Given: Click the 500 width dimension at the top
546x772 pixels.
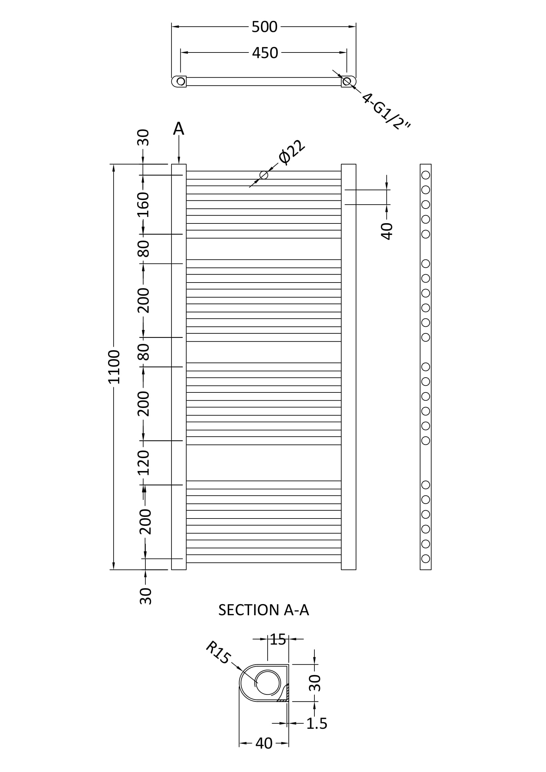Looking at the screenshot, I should pyautogui.click(x=265, y=27).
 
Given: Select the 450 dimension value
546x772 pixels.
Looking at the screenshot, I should pyautogui.click(x=265, y=53).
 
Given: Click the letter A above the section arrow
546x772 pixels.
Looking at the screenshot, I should pyautogui.click(x=179, y=129).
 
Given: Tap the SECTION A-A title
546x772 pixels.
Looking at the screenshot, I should pyautogui.click(x=263, y=610).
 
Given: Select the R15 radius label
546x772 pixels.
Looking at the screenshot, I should pyautogui.click(x=218, y=652).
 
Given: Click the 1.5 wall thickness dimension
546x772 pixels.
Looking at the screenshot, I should pyautogui.click(x=316, y=723).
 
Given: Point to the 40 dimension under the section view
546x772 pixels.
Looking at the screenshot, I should pyautogui.click(x=264, y=743).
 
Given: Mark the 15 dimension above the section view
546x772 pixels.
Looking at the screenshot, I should pyautogui.click(x=278, y=640).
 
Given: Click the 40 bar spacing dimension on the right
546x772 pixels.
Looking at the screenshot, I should pyautogui.click(x=387, y=231).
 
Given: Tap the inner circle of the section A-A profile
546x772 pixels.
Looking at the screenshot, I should pyautogui.click(x=268, y=682).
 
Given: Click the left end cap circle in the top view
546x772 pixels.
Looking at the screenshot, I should pyautogui.click(x=181, y=82).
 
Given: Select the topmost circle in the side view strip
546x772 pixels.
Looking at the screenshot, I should pyautogui.click(x=425, y=175).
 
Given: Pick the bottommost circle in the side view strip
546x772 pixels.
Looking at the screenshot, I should pyautogui.click(x=425, y=559).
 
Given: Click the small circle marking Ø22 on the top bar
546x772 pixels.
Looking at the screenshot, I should pyautogui.click(x=264, y=175).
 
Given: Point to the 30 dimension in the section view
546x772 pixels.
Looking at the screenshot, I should pyautogui.click(x=315, y=683).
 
